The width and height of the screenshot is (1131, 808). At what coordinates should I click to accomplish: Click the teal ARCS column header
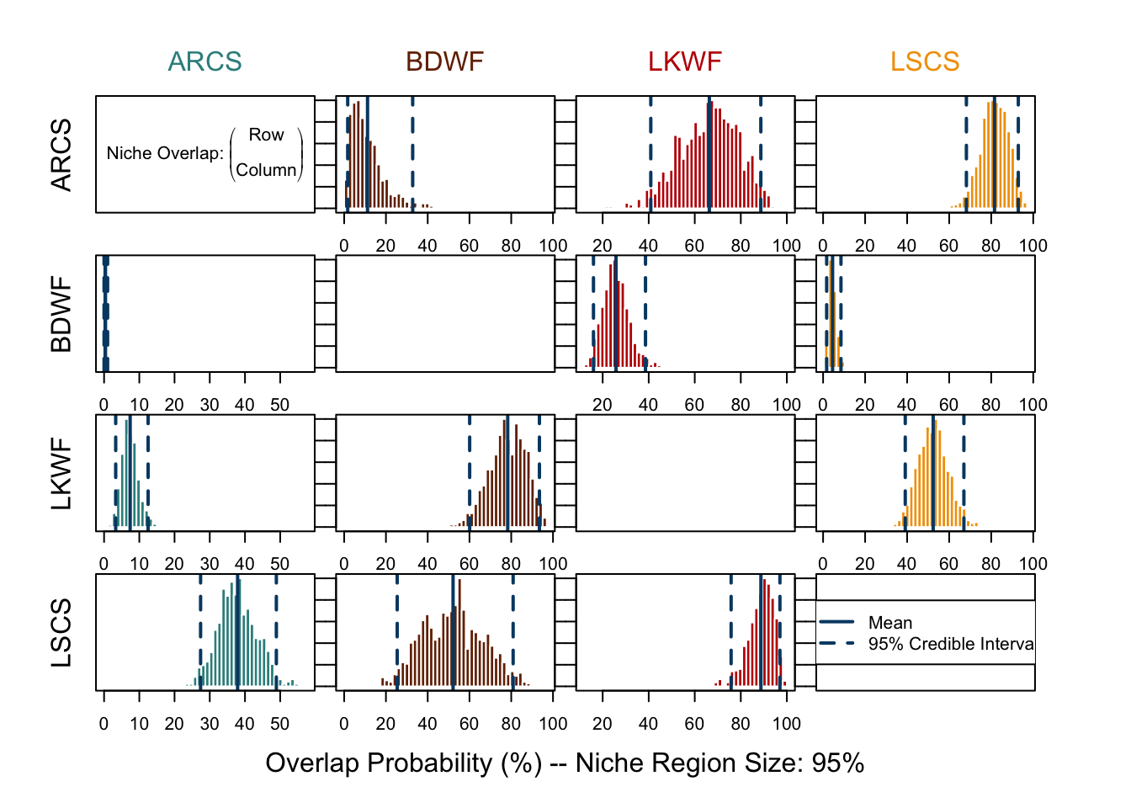pyautogui.click(x=204, y=61)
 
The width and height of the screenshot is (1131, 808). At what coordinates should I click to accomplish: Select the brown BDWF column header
pyautogui.click(x=444, y=61)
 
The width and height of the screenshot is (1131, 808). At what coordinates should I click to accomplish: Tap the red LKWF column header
pyautogui.click(x=685, y=61)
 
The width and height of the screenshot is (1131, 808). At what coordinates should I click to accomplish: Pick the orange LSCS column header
pyautogui.click(x=925, y=61)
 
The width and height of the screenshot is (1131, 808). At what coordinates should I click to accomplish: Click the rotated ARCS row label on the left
pyautogui.click(x=61, y=155)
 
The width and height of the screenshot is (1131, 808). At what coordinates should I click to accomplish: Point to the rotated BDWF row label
pyautogui.click(x=61, y=314)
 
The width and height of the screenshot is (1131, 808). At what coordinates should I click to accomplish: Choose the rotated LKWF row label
pyautogui.click(x=61, y=473)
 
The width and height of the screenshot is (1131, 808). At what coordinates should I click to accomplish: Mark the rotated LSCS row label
pyautogui.click(x=61, y=633)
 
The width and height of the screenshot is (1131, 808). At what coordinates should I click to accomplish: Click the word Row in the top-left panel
pyautogui.click(x=266, y=135)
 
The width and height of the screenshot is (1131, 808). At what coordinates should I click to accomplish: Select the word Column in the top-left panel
pyautogui.click(x=266, y=170)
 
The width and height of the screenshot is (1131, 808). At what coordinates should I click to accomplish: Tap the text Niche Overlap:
pyautogui.click(x=165, y=153)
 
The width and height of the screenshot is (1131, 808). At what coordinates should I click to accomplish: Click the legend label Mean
pyautogui.click(x=890, y=623)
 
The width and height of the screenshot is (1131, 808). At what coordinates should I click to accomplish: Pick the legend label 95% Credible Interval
pyautogui.click(x=951, y=644)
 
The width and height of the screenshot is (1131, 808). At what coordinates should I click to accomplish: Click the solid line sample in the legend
pyautogui.click(x=836, y=623)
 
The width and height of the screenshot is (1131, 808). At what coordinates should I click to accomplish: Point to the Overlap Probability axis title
pyautogui.click(x=565, y=763)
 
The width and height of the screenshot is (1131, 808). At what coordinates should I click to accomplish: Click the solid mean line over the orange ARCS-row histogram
pyautogui.click(x=994, y=151)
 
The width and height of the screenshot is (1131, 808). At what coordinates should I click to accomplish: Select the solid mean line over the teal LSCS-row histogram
pyautogui.click(x=238, y=631)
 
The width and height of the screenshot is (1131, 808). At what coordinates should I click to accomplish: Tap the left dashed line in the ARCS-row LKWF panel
pyautogui.click(x=650, y=151)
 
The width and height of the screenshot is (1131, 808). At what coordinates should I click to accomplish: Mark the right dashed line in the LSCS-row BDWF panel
pyautogui.click(x=513, y=631)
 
